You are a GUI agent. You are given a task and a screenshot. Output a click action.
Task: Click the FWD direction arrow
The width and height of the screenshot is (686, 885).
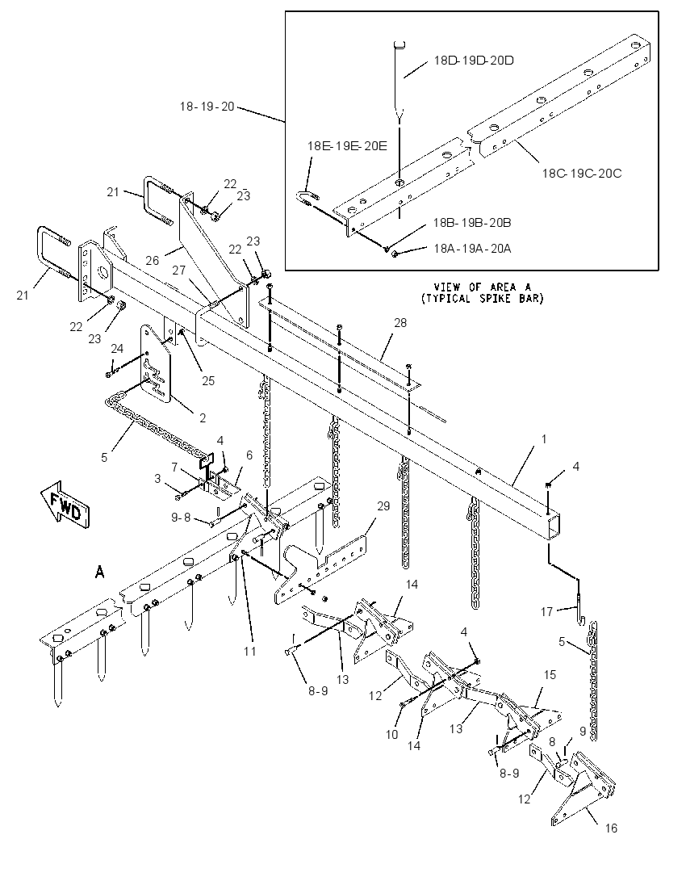click(x=65, y=504)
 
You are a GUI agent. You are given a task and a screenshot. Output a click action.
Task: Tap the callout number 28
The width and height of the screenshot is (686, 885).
click(x=400, y=322)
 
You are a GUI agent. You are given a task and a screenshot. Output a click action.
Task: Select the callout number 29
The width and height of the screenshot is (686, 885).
click(x=383, y=505)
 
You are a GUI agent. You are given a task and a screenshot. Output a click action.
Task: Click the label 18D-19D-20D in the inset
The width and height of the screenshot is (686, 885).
click(x=473, y=60)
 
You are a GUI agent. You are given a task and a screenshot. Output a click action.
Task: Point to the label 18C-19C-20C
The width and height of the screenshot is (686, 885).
click(x=582, y=174)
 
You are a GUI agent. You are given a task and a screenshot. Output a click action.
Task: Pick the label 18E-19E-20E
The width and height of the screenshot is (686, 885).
click(x=347, y=145)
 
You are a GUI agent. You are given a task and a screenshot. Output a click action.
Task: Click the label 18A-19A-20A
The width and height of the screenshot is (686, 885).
click(x=472, y=249)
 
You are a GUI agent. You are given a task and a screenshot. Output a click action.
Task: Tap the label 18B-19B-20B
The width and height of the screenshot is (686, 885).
click(x=472, y=222)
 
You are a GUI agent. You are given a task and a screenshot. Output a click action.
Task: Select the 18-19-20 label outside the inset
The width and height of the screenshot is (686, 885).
click(x=207, y=106)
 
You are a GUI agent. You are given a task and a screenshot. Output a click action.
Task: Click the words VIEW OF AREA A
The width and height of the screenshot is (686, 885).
click(x=483, y=287)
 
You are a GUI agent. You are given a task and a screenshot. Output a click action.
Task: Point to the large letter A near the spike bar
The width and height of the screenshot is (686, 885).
click(x=100, y=573)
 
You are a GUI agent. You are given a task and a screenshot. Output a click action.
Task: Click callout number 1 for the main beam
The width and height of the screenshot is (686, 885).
click(x=544, y=438)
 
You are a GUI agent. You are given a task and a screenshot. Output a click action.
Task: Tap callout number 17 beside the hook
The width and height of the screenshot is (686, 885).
click(x=546, y=611)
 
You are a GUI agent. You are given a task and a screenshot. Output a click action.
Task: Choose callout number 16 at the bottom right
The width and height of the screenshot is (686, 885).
click(x=611, y=828)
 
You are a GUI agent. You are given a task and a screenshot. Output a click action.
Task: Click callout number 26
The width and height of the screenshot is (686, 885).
click(x=152, y=260)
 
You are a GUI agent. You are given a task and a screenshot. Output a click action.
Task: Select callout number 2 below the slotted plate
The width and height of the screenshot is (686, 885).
click(x=202, y=417)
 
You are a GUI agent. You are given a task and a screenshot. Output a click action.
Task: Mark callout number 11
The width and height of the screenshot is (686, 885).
click(x=250, y=652)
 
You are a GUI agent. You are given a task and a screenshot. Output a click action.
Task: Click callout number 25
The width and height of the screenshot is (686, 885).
click(x=208, y=380)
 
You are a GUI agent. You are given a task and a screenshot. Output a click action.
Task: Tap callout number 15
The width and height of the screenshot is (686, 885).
click(x=550, y=674)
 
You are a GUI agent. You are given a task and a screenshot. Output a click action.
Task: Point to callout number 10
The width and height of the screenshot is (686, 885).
click(x=391, y=734)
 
